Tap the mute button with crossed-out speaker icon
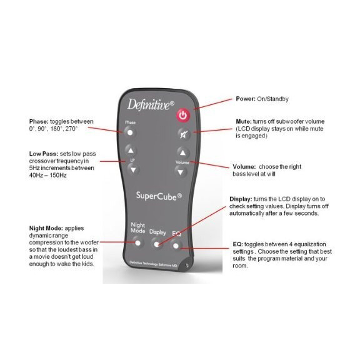184,134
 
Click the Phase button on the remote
130,132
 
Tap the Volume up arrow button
182,152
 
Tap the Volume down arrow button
180,172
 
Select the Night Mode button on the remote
137,242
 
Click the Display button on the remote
157,244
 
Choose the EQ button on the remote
176,246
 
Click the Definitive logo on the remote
151,105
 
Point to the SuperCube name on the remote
159,196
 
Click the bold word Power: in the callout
246,99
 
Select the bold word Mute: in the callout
244,121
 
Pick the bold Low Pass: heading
44,154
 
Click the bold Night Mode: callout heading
46,228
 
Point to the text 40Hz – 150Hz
47,175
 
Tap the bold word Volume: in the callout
244,167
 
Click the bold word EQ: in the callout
237,244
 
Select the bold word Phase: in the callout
39,121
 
